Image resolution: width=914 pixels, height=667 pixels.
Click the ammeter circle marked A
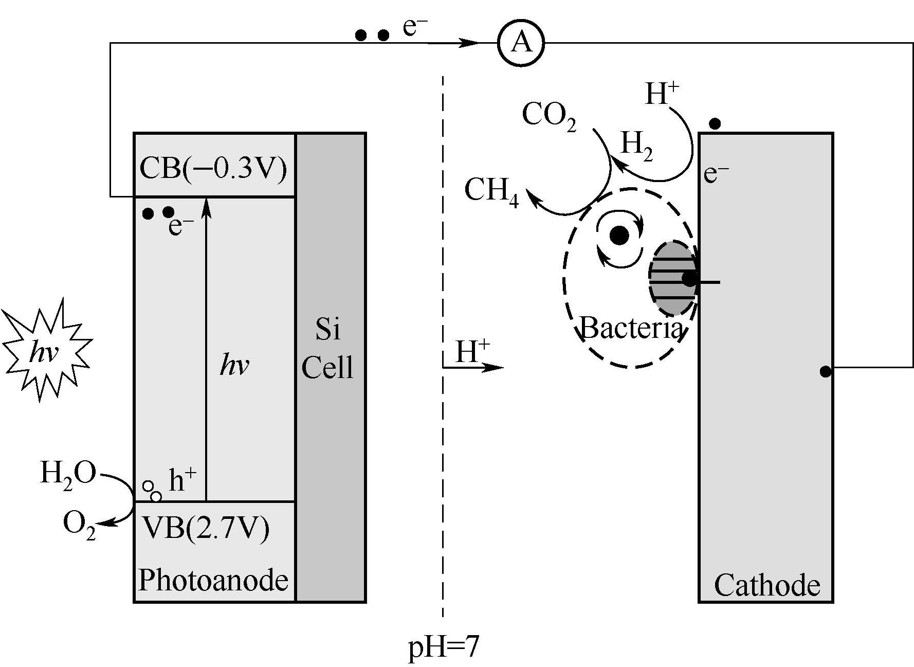click(x=520, y=43)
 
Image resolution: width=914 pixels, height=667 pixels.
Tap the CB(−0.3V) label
click(x=213, y=168)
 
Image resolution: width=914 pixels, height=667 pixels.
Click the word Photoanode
click(x=213, y=580)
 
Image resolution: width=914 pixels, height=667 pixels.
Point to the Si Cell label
click(x=328, y=349)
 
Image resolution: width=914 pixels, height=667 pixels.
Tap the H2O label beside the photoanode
click(x=68, y=474)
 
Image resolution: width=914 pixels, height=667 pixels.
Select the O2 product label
click(x=79, y=525)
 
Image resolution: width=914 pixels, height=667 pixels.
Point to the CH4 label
click(x=491, y=191)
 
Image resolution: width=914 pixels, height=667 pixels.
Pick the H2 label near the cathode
click(x=637, y=145)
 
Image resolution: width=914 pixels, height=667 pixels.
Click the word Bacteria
click(x=631, y=328)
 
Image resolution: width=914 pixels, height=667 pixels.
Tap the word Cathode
click(x=766, y=585)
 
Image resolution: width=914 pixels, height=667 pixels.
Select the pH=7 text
click(x=443, y=647)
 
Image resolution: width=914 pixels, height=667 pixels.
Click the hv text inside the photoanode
click(x=234, y=366)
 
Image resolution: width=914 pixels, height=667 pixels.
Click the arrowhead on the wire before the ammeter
click(x=470, y=43)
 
